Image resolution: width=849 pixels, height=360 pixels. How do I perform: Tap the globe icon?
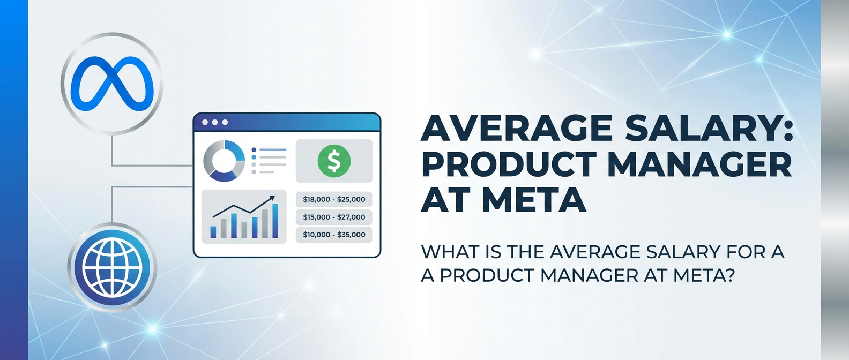pos(112,267)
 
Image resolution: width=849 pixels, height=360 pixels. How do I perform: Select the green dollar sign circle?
pos(334,161)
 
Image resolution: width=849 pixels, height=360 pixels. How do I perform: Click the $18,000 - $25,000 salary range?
pos(334,199)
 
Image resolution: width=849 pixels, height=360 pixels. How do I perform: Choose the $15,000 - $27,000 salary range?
pos(334,217)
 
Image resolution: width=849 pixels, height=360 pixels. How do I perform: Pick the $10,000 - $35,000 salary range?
pos(334,235)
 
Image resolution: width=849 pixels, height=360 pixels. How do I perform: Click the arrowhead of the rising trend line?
pos(272,198)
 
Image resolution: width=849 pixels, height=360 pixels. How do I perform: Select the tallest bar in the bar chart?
pos(275,221)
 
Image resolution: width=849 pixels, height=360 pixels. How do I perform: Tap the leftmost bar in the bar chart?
pos(213,232)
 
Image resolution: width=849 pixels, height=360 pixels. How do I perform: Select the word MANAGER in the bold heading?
pos(699,164)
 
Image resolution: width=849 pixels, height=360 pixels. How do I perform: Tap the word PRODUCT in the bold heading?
pos(508,164)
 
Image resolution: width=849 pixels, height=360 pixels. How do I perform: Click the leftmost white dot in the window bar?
pos(205,122)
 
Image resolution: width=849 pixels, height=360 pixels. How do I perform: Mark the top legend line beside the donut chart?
pos(272,150)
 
